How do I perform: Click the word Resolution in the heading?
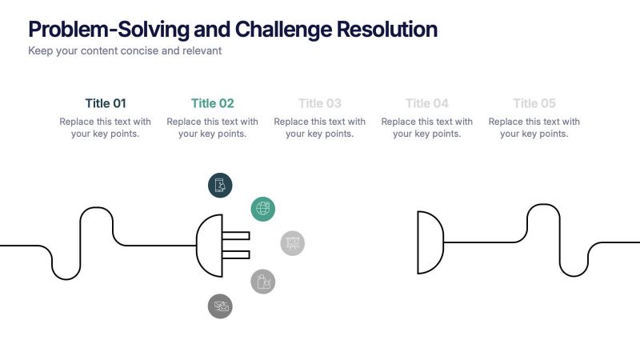tap(386, 30)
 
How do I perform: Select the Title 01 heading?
tap(106, 103)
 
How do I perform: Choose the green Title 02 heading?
tap(213, 103)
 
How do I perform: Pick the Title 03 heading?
tap(320, 103)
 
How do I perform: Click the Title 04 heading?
tap(427, 103)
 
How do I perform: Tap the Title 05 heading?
tap(534, 103)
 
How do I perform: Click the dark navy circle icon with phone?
tap(220, 185)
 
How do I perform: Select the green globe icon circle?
tap(262, 209)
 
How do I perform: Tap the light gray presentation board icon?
tap(293, 243)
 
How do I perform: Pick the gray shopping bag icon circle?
tap(263, 281)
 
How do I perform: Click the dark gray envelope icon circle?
tap(220, 306)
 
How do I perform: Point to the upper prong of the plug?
tap(235, 236)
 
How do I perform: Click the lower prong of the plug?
tap(235, 254)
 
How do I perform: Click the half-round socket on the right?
tap(430, 242)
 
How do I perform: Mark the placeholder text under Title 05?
tap(534, 128)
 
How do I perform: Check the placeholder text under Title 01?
tap(106, 128)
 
